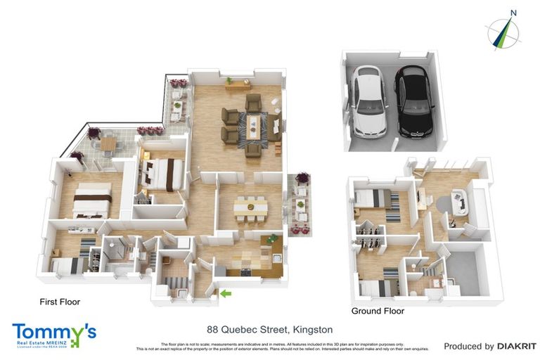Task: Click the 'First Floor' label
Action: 60,302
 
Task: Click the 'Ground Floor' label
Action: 378,311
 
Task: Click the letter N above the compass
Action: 513,12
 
